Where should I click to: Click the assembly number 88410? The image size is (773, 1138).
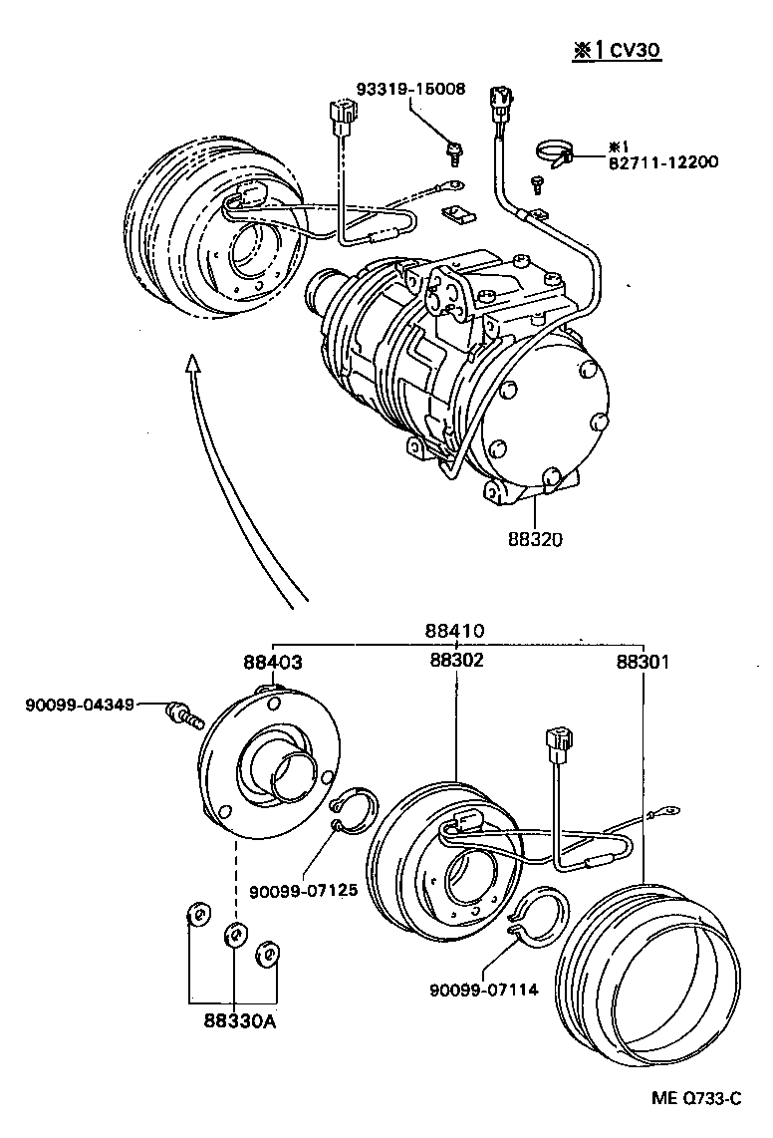[454, 631]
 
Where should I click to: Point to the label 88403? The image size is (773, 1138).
[272, 661]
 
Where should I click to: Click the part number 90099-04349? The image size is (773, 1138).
[79, 706]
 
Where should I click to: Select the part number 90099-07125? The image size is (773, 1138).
[303, 890]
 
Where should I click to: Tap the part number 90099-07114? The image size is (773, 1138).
[484, 990]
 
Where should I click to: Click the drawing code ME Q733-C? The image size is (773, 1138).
[696, 1098]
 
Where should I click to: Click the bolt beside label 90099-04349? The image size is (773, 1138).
[185, 712]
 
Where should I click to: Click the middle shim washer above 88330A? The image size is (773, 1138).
[236, 935]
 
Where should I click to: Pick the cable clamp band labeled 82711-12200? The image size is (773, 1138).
[557, 151]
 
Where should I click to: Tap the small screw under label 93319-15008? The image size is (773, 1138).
[454, 151]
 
